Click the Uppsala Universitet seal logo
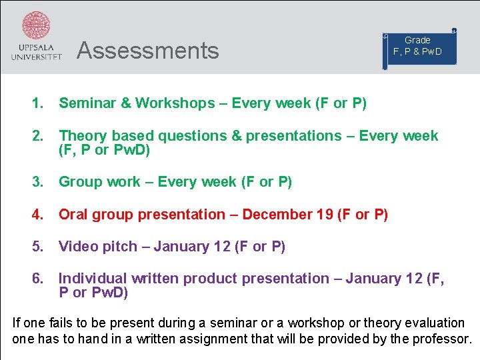[36, 27]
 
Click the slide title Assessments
[147, 51]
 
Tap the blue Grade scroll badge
[418, 47]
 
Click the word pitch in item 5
[119, 247]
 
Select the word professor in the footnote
[439, 339]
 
